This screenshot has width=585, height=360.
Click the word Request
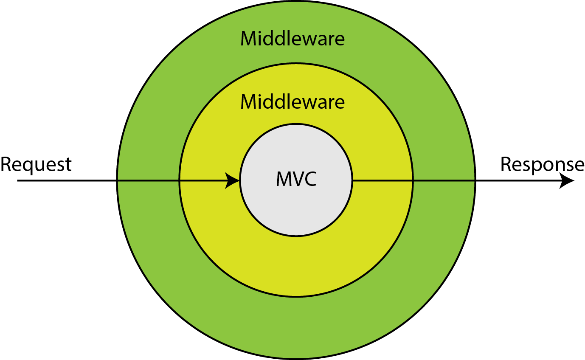[36, 165]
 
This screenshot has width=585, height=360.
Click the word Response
[542, 165]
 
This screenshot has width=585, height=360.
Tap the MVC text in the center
[296, 179]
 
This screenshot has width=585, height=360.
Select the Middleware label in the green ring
[292, 39]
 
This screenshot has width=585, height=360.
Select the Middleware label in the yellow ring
[292, 102]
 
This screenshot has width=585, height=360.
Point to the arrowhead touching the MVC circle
[233, 180]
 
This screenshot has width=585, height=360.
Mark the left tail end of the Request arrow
[18, 180]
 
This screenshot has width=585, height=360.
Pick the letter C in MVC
[310, 179]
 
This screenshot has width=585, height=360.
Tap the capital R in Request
[6, 164]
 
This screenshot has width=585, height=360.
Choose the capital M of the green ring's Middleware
[248, 39]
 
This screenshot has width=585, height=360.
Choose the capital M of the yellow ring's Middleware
[248, 102]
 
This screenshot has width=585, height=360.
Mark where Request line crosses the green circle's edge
[117, 180]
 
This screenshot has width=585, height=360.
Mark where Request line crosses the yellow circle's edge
[180, 180]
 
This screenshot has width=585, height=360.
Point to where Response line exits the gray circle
[352, 180]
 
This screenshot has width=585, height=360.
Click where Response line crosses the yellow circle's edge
[413, 180]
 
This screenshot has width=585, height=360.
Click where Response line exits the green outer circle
[475, 180]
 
